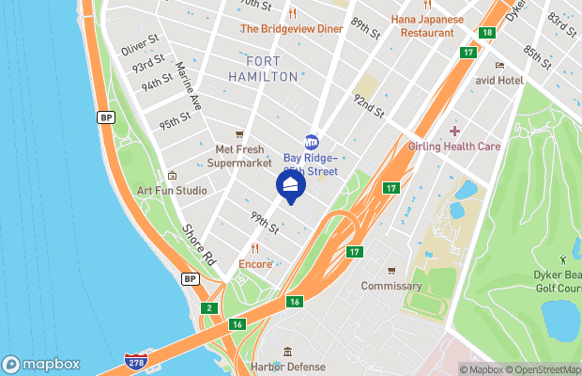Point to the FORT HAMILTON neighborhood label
click(x=263, y=69)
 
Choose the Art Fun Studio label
click(x=172, y=190)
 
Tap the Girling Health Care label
click(x=454, y=146)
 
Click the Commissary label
click(x=391, y=286)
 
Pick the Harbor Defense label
click(x=287, y=366)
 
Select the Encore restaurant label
click(x=255, y=264)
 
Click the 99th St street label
click(x=264, y=223)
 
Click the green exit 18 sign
click(x=485, y=33)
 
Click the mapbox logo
click(x=41, y=364)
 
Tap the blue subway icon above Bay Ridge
click(x=312, y=142)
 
